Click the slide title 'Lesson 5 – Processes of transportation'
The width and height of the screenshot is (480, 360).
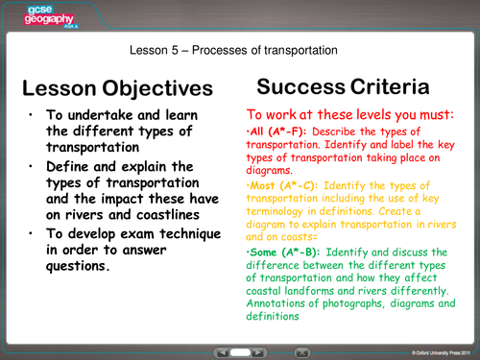point(239,50)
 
